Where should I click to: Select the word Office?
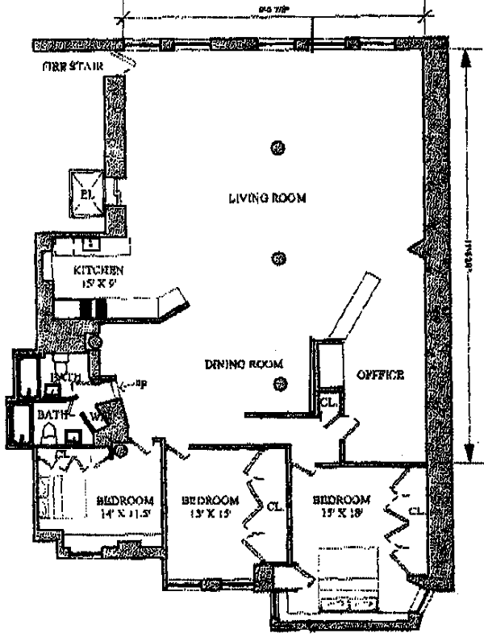(381, 375)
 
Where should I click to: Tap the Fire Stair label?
(73, 65)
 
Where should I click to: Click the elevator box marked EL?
(86, 194)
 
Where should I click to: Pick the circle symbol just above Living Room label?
(279, 148)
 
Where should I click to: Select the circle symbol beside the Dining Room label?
(279, 383)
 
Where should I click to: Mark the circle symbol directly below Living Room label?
(279, 259)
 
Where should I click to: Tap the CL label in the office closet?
(328, 402)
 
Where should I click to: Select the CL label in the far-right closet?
(416, 510)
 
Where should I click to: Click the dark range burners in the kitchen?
(92, 309)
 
